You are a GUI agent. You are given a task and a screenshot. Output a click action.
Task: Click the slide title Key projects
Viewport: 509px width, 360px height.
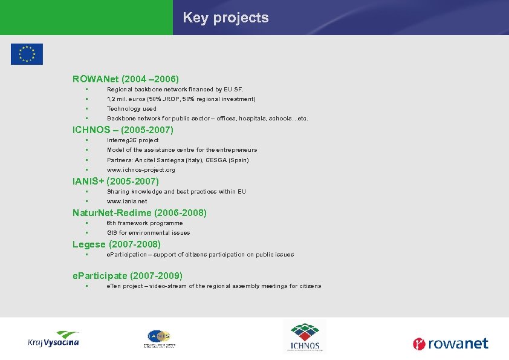pos(225,18)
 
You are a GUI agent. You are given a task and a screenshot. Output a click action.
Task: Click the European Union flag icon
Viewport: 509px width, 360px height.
pos(27,54)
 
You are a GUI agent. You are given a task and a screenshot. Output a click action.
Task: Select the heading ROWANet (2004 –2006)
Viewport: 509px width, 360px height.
pos(126,79)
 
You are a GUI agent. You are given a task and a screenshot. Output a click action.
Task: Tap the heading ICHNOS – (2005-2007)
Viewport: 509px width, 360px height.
pos(123,129)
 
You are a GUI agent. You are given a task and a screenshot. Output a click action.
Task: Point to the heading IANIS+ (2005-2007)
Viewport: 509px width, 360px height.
pos(115,181)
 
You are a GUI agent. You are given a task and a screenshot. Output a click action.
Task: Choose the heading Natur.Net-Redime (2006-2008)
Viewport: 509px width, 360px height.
pos(139,212)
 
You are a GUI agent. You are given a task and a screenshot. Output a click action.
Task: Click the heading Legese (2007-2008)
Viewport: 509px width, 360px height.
pos(116,244)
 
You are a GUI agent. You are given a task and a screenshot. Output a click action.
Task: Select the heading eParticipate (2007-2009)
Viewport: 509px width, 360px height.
pos(127,275)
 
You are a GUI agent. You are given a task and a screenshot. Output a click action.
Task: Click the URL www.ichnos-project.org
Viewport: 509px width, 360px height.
pos(141,170)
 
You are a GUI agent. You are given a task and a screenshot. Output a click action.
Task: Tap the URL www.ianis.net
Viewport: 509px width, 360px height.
pos(127,201)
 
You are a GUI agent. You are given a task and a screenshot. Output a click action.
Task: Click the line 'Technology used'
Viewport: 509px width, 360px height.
pos(132,109)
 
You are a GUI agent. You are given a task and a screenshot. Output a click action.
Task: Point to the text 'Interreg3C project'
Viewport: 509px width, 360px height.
pos(132,140)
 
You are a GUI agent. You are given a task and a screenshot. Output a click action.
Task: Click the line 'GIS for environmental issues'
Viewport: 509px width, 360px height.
pos(148,232)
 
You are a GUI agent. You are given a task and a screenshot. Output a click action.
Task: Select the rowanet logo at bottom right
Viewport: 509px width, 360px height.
pos(450,344)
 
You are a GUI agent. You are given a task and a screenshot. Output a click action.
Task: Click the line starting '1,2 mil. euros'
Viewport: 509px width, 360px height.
pos(181,99)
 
